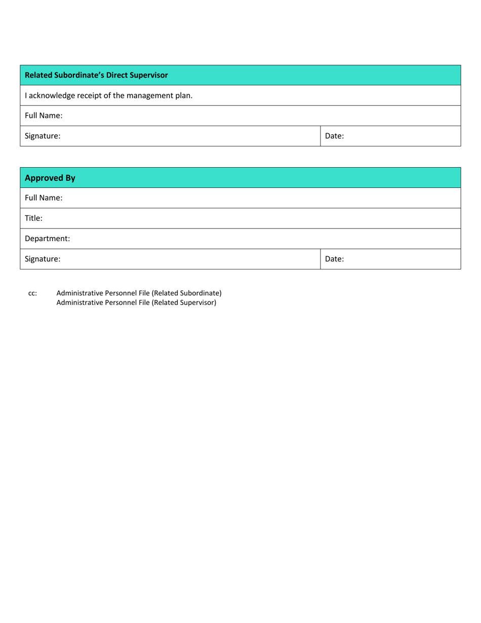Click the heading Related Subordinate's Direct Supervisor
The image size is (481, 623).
[96, 75]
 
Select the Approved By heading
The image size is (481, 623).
[50, 178]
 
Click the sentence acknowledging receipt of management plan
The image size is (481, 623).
[108, 95]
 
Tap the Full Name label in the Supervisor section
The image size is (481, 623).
[44, 115]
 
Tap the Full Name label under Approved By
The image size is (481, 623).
[44, 198]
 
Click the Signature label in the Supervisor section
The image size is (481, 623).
[43, 136]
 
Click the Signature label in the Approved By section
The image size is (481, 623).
[43, 259]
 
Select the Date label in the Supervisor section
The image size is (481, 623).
[334, 136]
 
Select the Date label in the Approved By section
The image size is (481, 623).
[334, 259]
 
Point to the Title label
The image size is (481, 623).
[33, 218]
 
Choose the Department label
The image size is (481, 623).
[47, 239]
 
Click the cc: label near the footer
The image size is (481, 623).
[32, 293]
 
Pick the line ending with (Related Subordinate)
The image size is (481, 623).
[139, 293]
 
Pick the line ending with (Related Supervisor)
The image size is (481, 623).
[136, 303]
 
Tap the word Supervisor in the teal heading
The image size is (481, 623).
[149, 75]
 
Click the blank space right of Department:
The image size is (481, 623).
[263, 239]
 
